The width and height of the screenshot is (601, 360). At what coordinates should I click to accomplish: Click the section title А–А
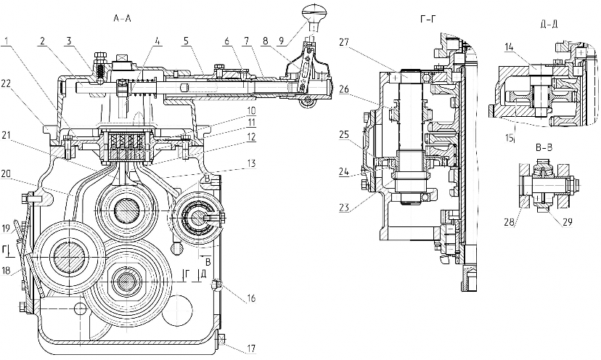click(122, 18)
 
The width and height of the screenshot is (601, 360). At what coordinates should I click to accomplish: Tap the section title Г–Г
click(428, 18)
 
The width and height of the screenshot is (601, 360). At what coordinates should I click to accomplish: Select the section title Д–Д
click(549, 25)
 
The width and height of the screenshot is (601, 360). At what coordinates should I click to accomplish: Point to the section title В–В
click(544, 148)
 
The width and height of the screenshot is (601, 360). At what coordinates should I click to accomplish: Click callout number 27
click(344, 42)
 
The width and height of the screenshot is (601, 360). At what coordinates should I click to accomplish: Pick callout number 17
click(251, 348)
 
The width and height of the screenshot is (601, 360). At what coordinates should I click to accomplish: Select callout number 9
click(282, 41)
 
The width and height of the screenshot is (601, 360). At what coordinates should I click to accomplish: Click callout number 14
click(509, 47)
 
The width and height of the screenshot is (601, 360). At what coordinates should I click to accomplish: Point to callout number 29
click(567, 222)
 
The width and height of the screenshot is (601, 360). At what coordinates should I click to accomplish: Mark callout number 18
click(6, 270)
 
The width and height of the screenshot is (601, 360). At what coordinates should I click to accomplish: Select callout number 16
click(251, 298)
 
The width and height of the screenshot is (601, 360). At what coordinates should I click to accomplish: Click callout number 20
click(6, 173)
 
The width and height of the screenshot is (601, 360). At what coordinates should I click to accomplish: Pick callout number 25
click(345, 135)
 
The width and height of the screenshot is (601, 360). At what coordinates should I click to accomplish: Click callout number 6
click(227, 41)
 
